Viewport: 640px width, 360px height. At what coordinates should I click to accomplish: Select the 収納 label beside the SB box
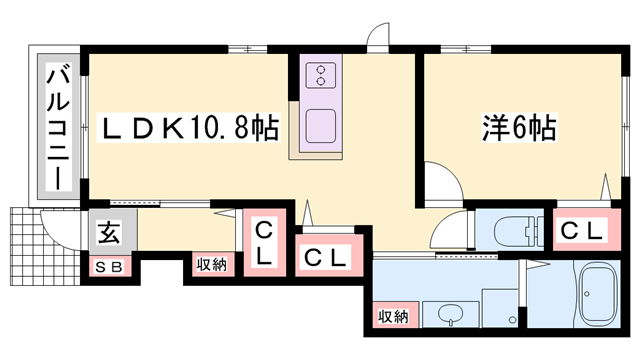(x=211, y=265)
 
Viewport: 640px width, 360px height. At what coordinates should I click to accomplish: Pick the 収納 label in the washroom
(x=393, y=316)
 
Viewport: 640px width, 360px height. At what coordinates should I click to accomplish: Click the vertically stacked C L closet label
(x=263, y=243)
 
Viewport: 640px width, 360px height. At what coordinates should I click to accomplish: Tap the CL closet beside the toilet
(x=581, y=231)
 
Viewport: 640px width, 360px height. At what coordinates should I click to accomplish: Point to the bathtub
(x=601, y=298)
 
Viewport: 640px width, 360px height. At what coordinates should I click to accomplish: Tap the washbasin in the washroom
(x=450, y=318)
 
